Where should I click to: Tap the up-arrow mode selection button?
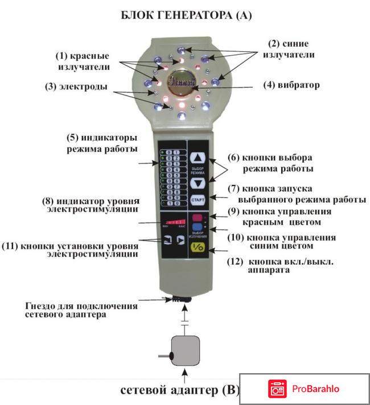coord(196,159)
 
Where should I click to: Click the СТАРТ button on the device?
coord(197,200)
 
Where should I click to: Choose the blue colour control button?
coord(196,228)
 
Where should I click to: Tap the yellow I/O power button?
coord(197,247)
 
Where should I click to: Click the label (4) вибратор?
coord(291,86)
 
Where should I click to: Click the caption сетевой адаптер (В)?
coord(179,391)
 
